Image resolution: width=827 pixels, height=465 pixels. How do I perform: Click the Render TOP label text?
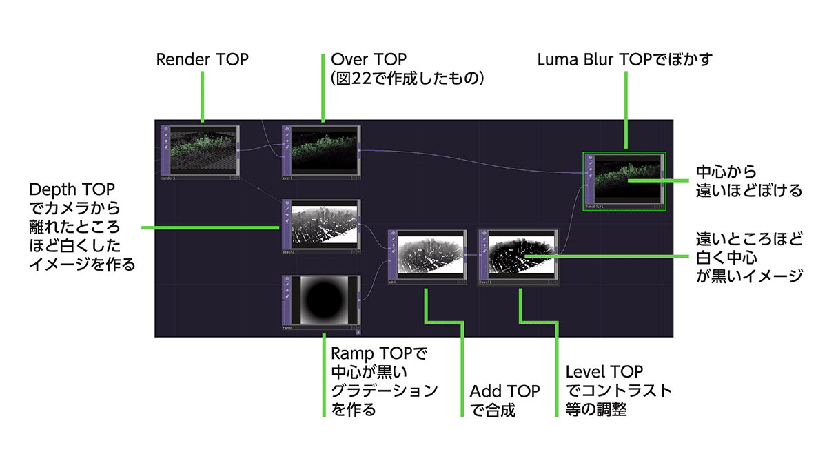(x=202, y=60)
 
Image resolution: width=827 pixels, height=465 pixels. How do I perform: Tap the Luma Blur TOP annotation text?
(x=624, y=60)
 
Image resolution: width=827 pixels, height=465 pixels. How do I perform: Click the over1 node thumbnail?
(x=324, y=150)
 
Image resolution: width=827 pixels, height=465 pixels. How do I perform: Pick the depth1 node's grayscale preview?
(x=324, y=225)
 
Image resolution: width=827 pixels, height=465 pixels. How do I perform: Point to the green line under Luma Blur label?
(x=625, y=110)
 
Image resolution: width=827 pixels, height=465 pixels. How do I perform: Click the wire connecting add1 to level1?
(x=473, y=255)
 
